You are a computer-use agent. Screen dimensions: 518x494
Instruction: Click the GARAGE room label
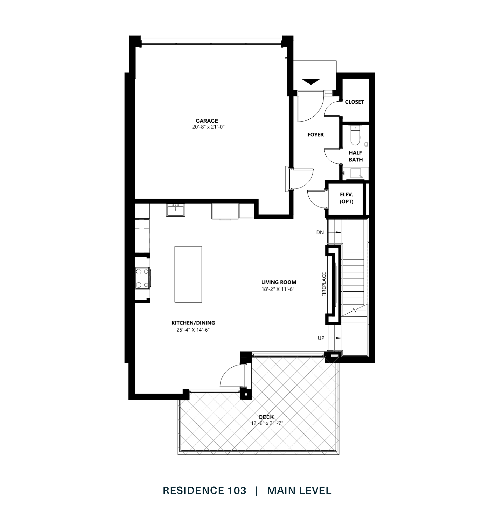(x=207, y=121)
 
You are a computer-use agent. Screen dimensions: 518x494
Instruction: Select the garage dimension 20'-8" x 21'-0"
(x=208, y=127)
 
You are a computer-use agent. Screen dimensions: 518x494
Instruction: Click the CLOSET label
(x=354, y=102)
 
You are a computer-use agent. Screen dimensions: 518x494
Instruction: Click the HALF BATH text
(x=356, y=156)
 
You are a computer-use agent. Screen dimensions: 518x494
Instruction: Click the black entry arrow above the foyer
(x=311, y=82)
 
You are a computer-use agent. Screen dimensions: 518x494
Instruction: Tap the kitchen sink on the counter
(x=175, y=211)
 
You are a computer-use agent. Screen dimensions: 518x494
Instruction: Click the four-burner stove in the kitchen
(x=142, y=278)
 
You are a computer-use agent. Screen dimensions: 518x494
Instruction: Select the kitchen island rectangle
(x=188, y=274)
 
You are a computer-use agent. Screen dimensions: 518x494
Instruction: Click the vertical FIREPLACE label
(x=324, y=285)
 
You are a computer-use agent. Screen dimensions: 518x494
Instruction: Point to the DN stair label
(x=320, y=232)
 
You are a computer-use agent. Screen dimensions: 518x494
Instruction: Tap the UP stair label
(x=321, y=338)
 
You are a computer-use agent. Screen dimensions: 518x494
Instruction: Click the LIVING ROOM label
(x=279, y=282)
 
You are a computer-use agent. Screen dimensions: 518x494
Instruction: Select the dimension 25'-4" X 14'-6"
(x=193, y=330)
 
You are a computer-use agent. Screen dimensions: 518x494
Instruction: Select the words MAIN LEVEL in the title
(x=299, y=491)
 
